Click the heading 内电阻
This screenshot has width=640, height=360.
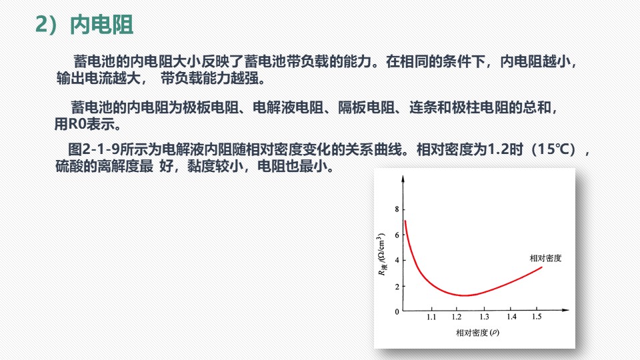point(101,25)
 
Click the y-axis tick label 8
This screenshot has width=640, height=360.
point(397,209)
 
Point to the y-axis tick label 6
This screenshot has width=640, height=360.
point(397,235)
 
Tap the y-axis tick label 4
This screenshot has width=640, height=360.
point(397,260)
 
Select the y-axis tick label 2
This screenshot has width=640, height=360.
point(397,286)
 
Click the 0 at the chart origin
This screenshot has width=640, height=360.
point(397,312)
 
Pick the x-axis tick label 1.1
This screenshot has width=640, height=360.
point(431,317)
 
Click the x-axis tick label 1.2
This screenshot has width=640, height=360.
point(457,317)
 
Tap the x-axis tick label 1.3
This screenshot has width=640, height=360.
point(484,317)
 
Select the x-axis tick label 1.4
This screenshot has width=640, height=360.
point(511,317)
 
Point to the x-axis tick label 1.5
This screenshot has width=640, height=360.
point(537,317)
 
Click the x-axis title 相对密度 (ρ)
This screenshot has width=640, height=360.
point(477,333)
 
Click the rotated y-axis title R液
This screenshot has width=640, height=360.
point(382,270)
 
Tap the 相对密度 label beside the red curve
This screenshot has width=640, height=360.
point(545,258)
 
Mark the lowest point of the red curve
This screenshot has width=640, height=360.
point(464,295)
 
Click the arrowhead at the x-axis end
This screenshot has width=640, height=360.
point(566,310)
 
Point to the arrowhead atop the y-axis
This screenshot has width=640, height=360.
point(403,179)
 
